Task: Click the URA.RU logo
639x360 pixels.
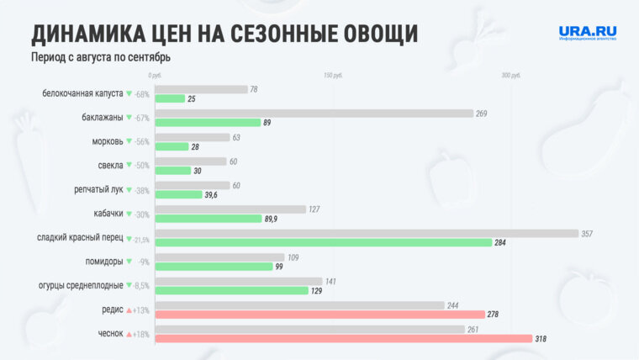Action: coord(588,33)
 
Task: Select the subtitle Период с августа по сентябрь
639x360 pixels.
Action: coord(101,57)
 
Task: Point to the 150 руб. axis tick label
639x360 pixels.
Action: coord(333,76)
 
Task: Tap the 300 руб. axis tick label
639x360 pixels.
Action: coord(511,76)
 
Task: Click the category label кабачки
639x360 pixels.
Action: coord(104,214)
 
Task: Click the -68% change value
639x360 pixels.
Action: coord(142,94)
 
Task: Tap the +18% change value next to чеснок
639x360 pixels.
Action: coord(141,335)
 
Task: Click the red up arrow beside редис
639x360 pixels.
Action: coord(129,310)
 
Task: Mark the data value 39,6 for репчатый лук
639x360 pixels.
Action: coord(210,194)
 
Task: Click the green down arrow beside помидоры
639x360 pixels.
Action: coord(129,262)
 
